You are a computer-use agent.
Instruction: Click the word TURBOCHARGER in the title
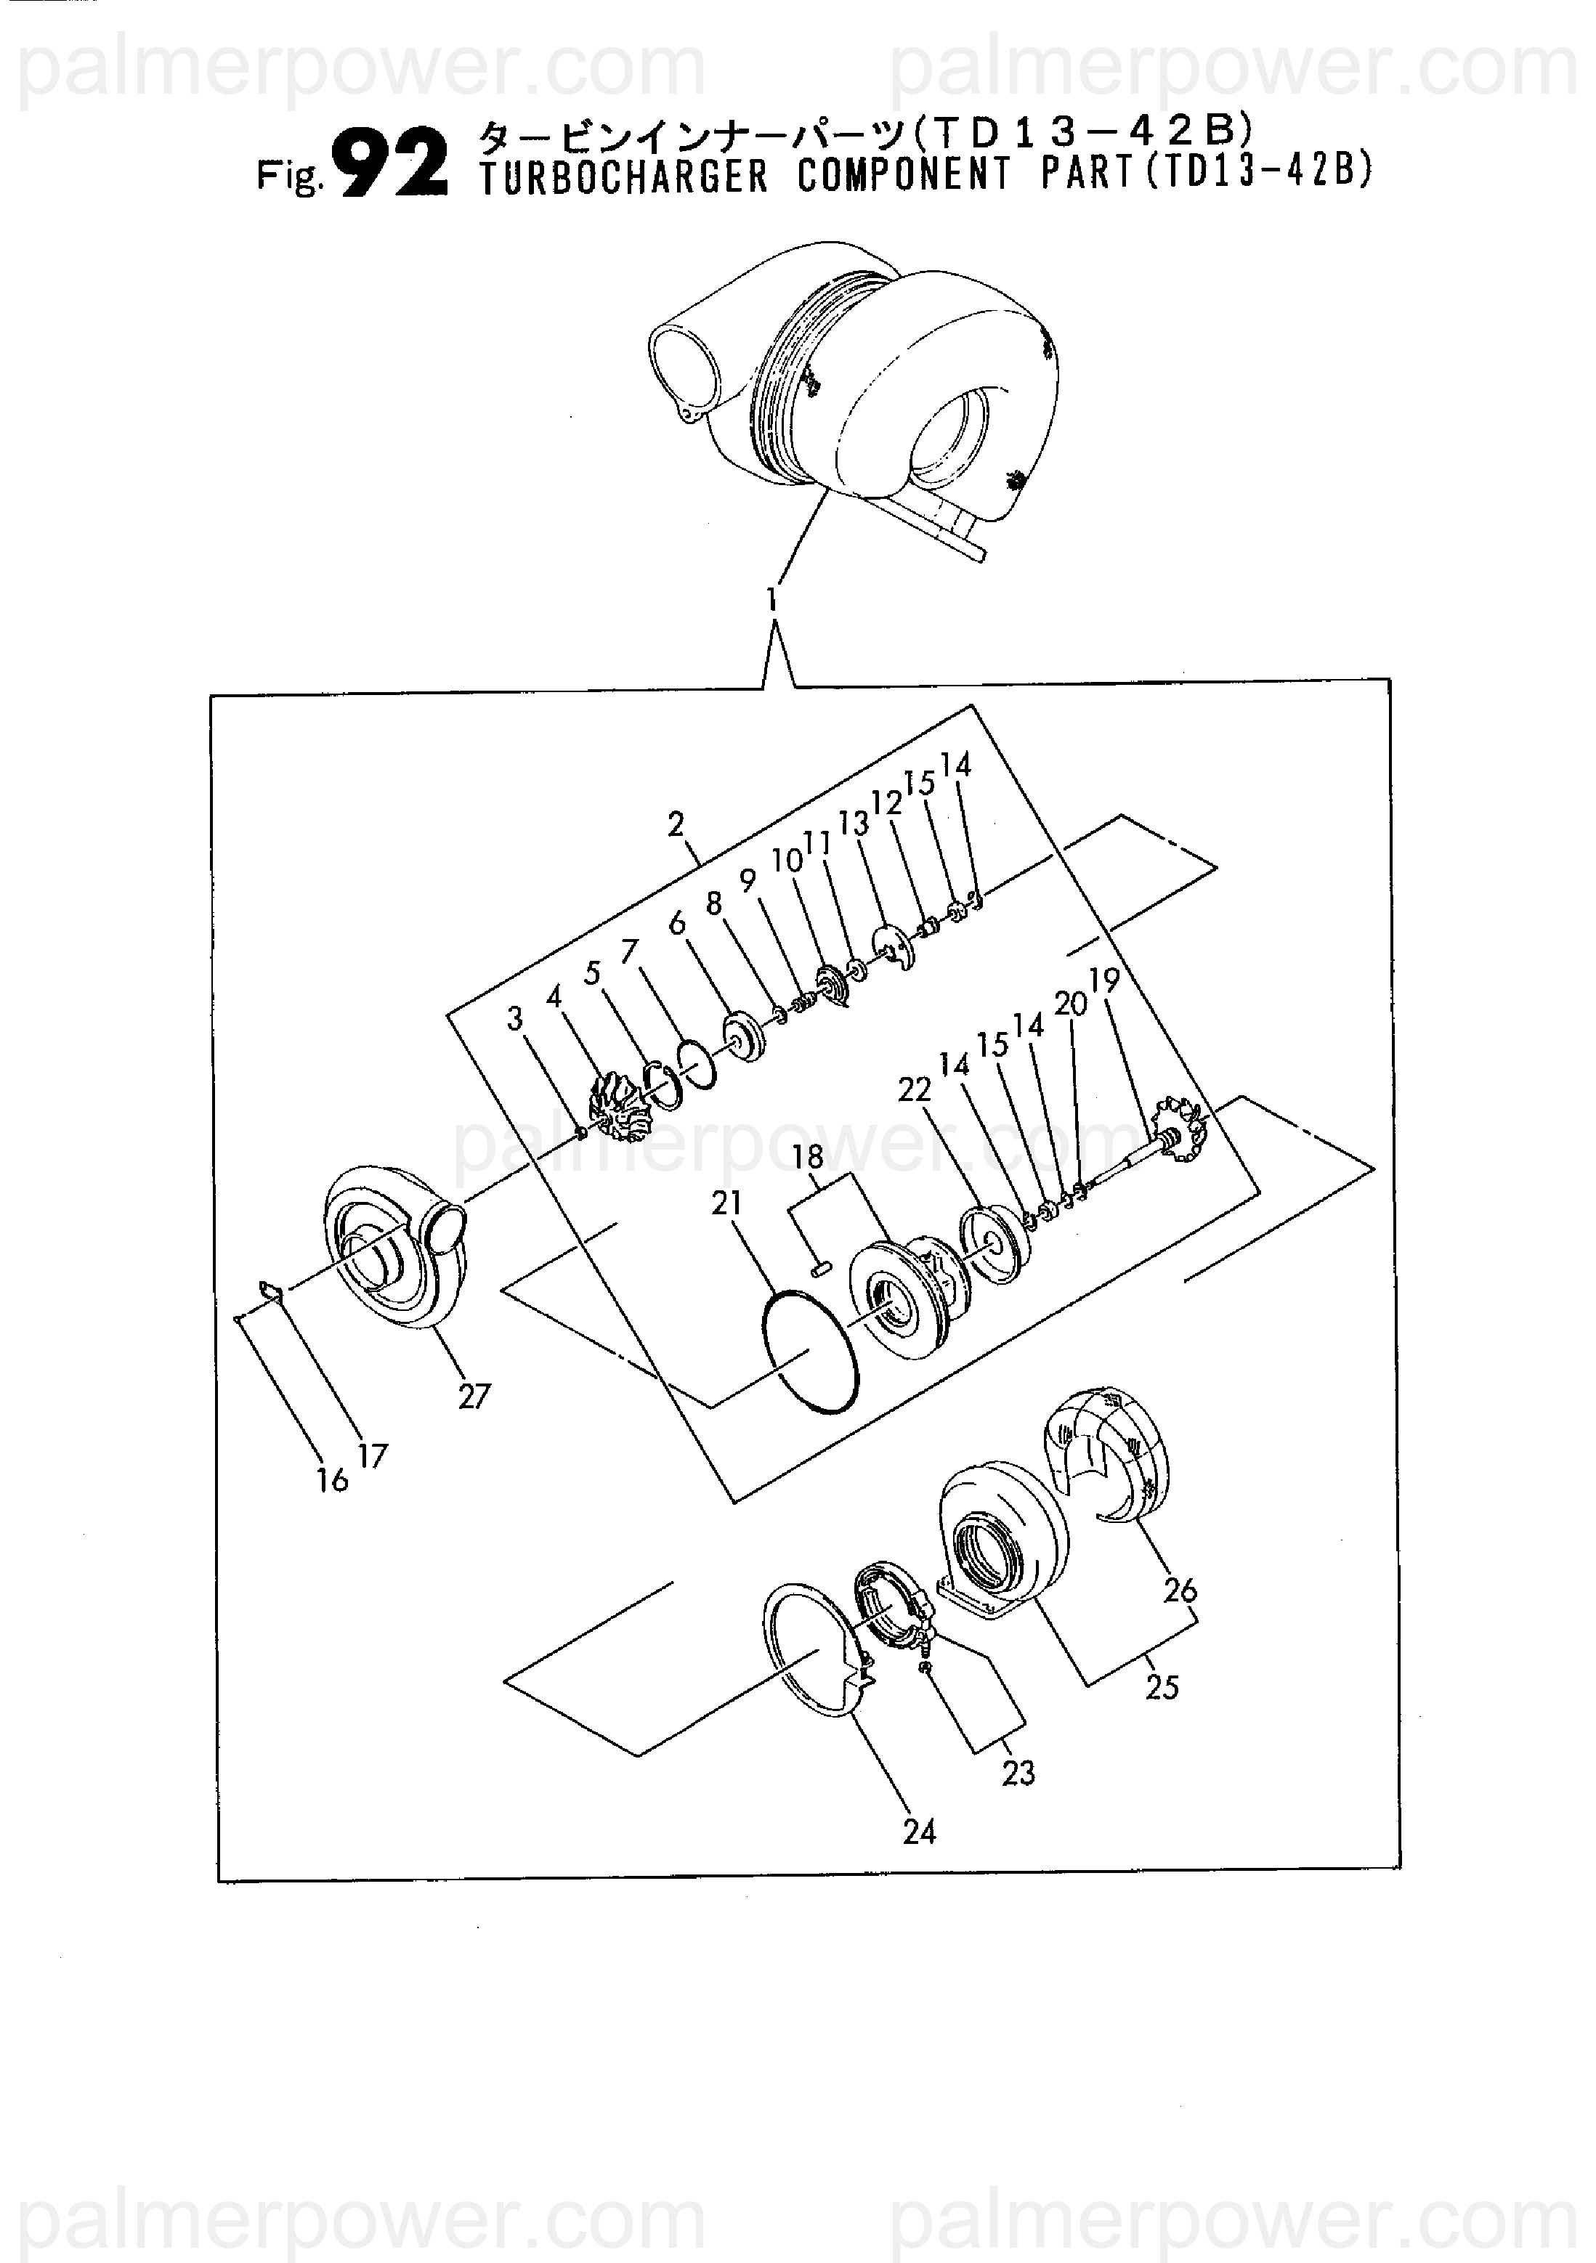coord(623,176)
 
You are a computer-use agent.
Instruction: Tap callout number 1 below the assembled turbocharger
coord(773,600)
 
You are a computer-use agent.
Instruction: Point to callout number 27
coord(474,1397)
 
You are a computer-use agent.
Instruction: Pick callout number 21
coord(726,1203)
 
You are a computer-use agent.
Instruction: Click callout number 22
coord(914,1089)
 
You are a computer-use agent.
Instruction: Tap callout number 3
coord(514,1019)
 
